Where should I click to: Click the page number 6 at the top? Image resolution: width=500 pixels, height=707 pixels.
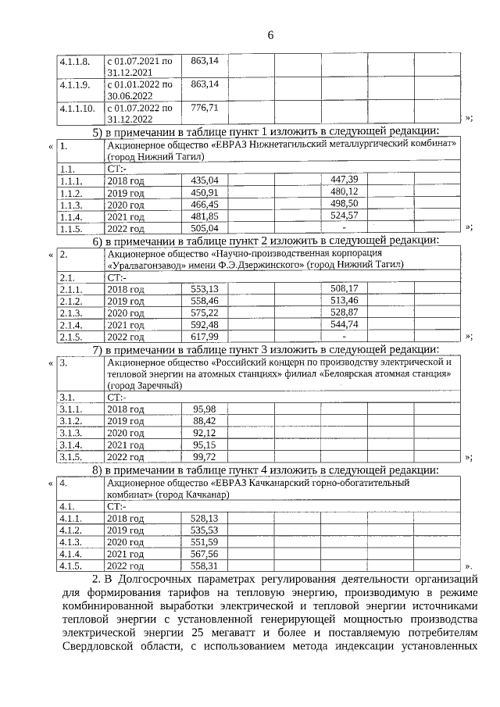coord(270,35)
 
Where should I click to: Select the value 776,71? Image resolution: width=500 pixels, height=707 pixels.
coord(204,107)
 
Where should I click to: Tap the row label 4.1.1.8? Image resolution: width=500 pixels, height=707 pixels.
coord(76,60)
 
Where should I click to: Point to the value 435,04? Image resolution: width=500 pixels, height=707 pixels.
coord(205,180)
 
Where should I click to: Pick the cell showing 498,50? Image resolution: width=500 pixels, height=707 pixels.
coord(344,203)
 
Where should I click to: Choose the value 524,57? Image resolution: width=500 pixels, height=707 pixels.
coord(344,216)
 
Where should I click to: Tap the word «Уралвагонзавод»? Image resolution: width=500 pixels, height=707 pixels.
coord(145,265)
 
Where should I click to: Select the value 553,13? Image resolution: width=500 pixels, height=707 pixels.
coord(205,288)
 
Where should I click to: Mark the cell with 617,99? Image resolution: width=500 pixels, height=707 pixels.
coord(205,336)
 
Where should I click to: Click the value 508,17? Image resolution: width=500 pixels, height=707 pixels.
coord(344,288)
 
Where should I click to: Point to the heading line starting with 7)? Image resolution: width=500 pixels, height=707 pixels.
coord(266,348)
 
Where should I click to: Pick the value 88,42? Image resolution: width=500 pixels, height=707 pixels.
coord(205,421)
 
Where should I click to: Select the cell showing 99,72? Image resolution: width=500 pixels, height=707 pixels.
coord(205,457)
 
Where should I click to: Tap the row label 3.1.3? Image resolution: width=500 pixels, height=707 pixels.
coord(71,433)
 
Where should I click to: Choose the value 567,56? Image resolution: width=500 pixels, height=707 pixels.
coord(205,553)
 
